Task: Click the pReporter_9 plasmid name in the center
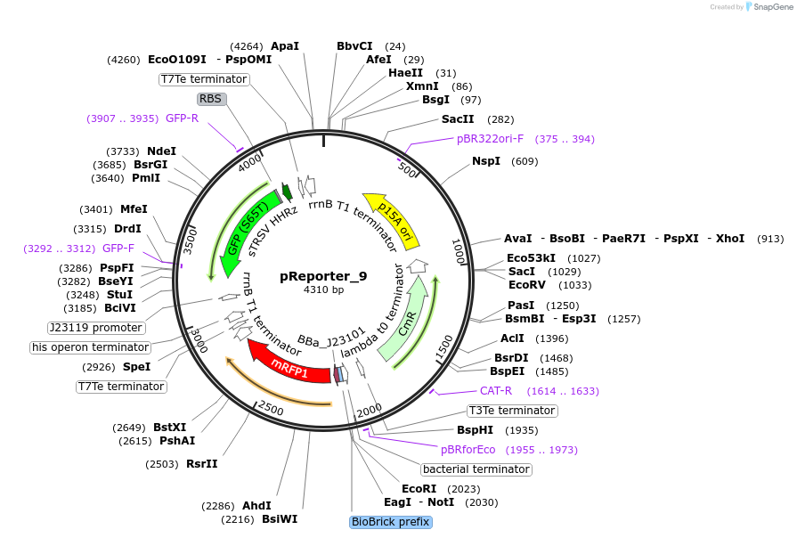click(x=323, y=276)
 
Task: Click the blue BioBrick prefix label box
click(x=391, y=522)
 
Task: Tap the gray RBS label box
click(x=211, y=99)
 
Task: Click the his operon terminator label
click(x=90, y=347)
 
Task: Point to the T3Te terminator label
click(x=512, y=411)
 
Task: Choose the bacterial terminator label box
click(x=476, y=469)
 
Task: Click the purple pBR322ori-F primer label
click(x=491, y=139)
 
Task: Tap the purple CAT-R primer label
click(x=496, y=391)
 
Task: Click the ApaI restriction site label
click(x=285, y=45)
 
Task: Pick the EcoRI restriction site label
click(x=419, y=489)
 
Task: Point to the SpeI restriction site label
click(x=136, y=367)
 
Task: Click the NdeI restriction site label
click(x=161, y=151)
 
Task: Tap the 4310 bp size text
click(x=323, y=290)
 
